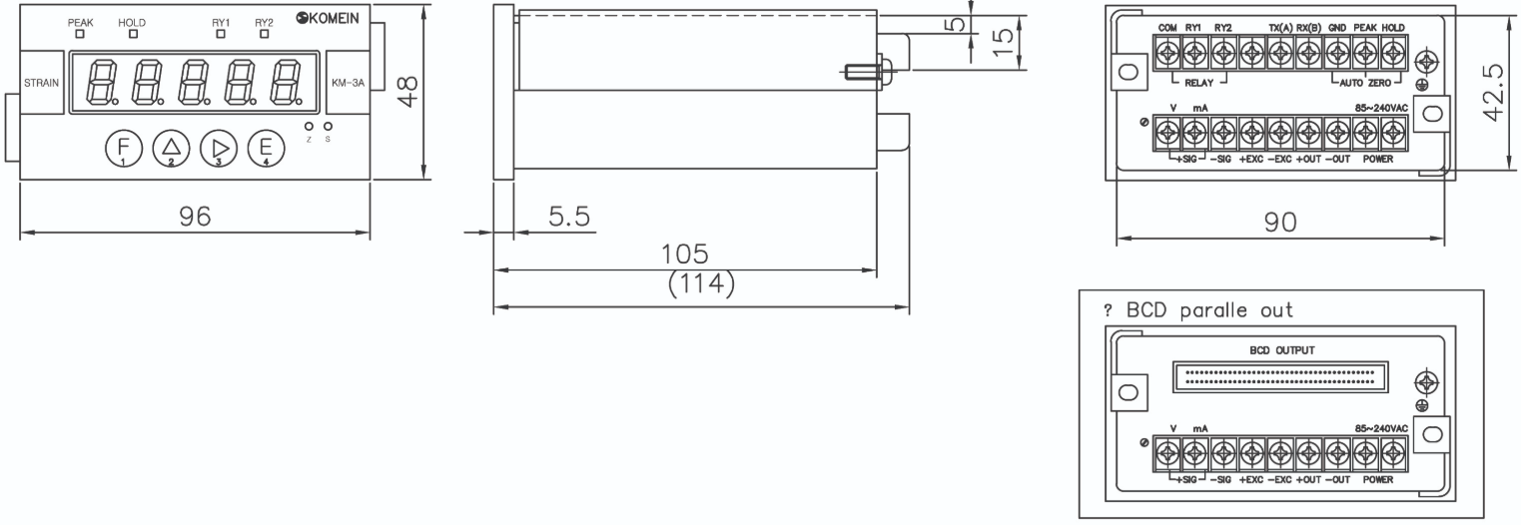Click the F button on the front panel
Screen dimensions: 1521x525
pos(124,148)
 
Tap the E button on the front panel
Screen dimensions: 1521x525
pos(266,148)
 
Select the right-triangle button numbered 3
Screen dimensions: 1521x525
pos(219,148)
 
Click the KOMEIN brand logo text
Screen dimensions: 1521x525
pos(328,18)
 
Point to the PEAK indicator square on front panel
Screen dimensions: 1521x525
pos(80,34)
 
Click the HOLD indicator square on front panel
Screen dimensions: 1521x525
pos(133,34)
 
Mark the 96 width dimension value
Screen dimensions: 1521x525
pos(195,217)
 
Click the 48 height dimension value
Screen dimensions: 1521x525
pos(408,91)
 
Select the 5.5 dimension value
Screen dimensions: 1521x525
pos(569,217)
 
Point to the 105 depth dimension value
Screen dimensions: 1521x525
pos(684,254)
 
